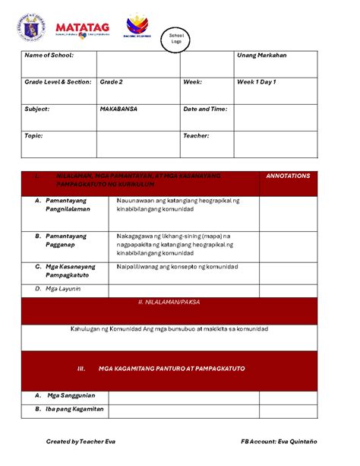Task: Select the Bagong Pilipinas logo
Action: (137, 25)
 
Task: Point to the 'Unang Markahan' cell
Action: (262, 55)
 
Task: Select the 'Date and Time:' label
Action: (205, 109)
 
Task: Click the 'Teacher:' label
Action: (196, 135)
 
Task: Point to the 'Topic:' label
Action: (34, 135)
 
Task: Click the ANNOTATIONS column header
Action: (288, 176)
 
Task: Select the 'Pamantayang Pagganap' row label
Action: (66, 241)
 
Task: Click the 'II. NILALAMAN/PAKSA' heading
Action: (179, 303)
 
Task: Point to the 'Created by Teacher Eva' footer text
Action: (81, 441)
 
